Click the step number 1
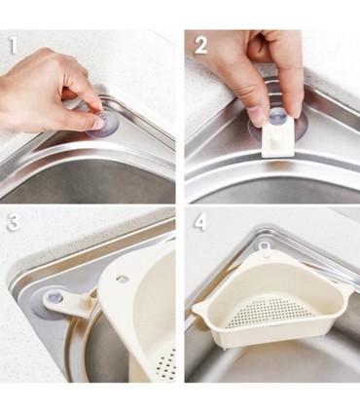coord(13,46)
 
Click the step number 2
coord(200,46)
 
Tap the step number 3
coord(14,222)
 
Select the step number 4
coord(200,222)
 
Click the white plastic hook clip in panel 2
coord(277,137)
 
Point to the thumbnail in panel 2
coord(258,116)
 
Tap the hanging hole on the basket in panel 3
coord(123,278)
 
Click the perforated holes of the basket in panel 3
coord(167,363)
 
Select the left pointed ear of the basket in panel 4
coord(200,308)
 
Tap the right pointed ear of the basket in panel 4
coord(347,288)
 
